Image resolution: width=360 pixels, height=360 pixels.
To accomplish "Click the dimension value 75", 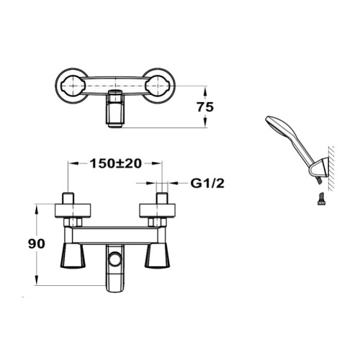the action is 205,107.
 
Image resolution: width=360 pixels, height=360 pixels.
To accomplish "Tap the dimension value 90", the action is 37,244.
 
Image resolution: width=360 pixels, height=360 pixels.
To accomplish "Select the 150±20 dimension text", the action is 116,163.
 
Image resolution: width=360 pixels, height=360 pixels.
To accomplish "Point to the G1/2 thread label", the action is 207,184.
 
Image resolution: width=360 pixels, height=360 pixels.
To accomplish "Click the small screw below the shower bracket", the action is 320,199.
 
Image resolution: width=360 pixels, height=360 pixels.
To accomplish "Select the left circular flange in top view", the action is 73,86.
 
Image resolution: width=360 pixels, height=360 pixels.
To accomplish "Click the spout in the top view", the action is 115,109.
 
